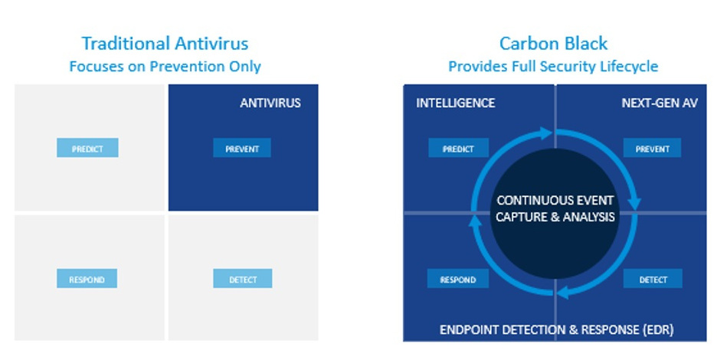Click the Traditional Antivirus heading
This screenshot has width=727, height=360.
[165, 44]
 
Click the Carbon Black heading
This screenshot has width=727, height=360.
[553, 44]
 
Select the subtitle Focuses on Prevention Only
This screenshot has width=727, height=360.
[165, 66]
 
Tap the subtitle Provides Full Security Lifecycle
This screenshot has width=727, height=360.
[553, 66]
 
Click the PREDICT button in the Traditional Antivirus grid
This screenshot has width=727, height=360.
[87, 148]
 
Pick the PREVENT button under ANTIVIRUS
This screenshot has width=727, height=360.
[242, 148]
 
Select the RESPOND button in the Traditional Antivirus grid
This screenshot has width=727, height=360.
[87, 279]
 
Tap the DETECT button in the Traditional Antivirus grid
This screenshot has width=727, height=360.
[243, 279]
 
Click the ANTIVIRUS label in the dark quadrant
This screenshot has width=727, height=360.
[270, 103]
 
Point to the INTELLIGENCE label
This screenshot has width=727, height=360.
[455, 103]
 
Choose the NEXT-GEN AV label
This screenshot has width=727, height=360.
[660, 103]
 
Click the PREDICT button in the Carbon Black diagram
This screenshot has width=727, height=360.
[459, 148]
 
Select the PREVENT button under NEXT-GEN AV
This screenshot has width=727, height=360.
[653, 148]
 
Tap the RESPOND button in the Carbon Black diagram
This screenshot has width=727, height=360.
[458, 279]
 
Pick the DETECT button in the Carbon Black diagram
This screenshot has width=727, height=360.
[653, 279]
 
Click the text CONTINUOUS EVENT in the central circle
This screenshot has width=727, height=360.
[555, 201]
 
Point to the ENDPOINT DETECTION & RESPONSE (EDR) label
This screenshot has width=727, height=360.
[556, 329]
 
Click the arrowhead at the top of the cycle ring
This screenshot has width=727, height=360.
[545, 133]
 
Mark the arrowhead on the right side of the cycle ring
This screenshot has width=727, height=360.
[634, 204]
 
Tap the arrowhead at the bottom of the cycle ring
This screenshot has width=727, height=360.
[563, 293]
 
